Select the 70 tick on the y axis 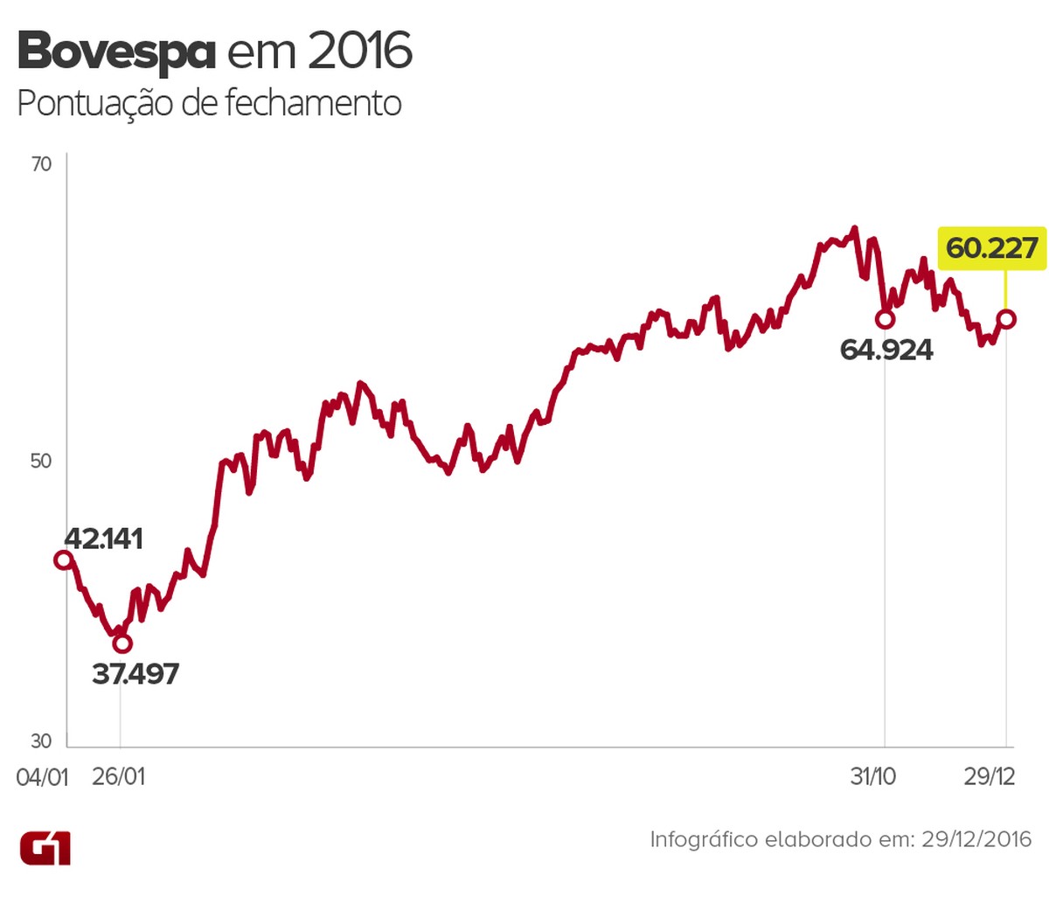41,164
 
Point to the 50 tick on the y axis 41,461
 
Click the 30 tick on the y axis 41,741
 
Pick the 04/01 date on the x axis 42,776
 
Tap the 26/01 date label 119,776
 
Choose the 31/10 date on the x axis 873,776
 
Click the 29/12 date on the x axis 990,776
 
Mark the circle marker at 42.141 63,559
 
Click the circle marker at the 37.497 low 122,643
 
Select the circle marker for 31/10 885,320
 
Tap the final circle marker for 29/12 1006,319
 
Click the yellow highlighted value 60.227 992,248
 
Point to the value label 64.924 886,351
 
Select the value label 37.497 135,674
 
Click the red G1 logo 45,848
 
